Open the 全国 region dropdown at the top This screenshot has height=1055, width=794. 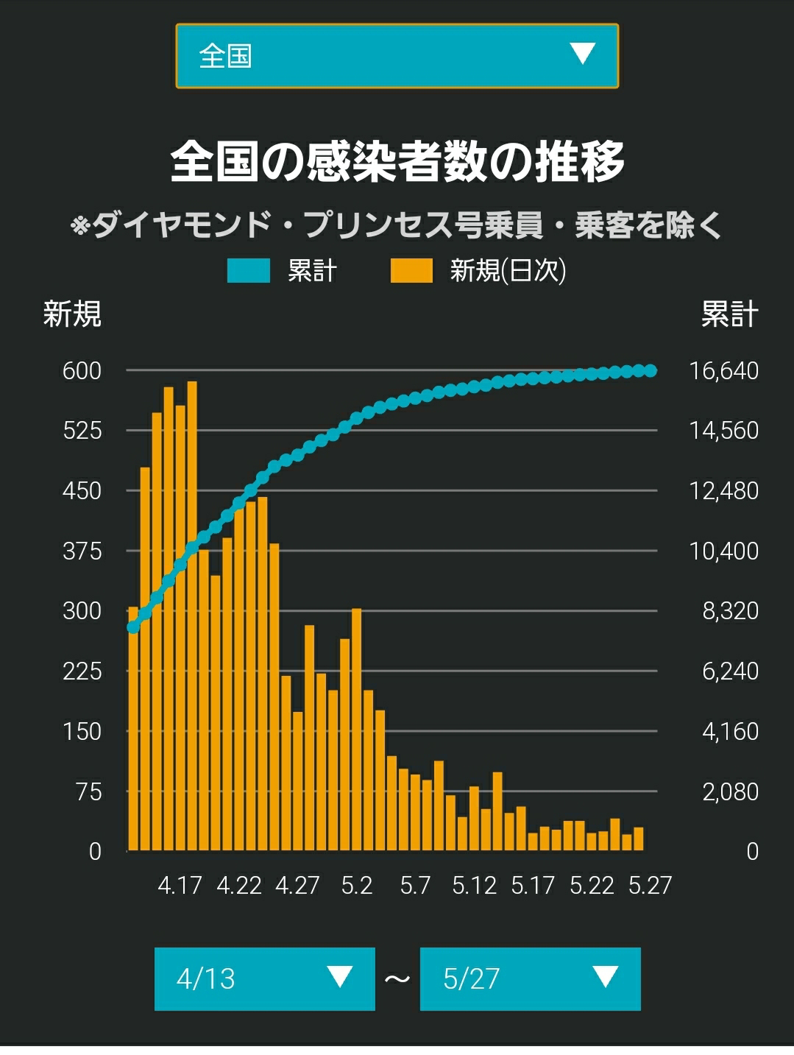click(x=397, y=56)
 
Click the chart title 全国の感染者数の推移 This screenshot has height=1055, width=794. click(x=397, y=161)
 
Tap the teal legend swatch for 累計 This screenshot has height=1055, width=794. click(x=248, y=271)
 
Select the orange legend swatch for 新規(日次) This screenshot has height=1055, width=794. click(x=411, y=271)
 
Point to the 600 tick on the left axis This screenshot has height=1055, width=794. click(x=82, y=371)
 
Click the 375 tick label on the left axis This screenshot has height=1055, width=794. click(x=82, y=551)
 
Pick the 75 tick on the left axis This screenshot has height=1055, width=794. click(x=89, y=791)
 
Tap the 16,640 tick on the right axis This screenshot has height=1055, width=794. click(x=724, y=371)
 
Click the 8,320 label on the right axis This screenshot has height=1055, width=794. click(x=731, y=611)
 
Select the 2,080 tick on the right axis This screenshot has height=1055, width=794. click(x=731, y=791)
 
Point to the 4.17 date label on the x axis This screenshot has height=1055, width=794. click(x=180, y=886)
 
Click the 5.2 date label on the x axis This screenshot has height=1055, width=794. click(x=356, y=886)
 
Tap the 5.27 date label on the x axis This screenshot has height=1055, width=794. click(x=650, y=886)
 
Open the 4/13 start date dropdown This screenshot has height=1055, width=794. click(x=265, y=978)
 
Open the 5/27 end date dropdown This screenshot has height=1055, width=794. click(x=531, y=978)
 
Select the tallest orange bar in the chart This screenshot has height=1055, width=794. click(x=192, y=616)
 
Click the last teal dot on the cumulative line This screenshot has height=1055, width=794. click(x=651, y=370)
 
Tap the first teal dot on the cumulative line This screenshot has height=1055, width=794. click(x=133, y=627)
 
